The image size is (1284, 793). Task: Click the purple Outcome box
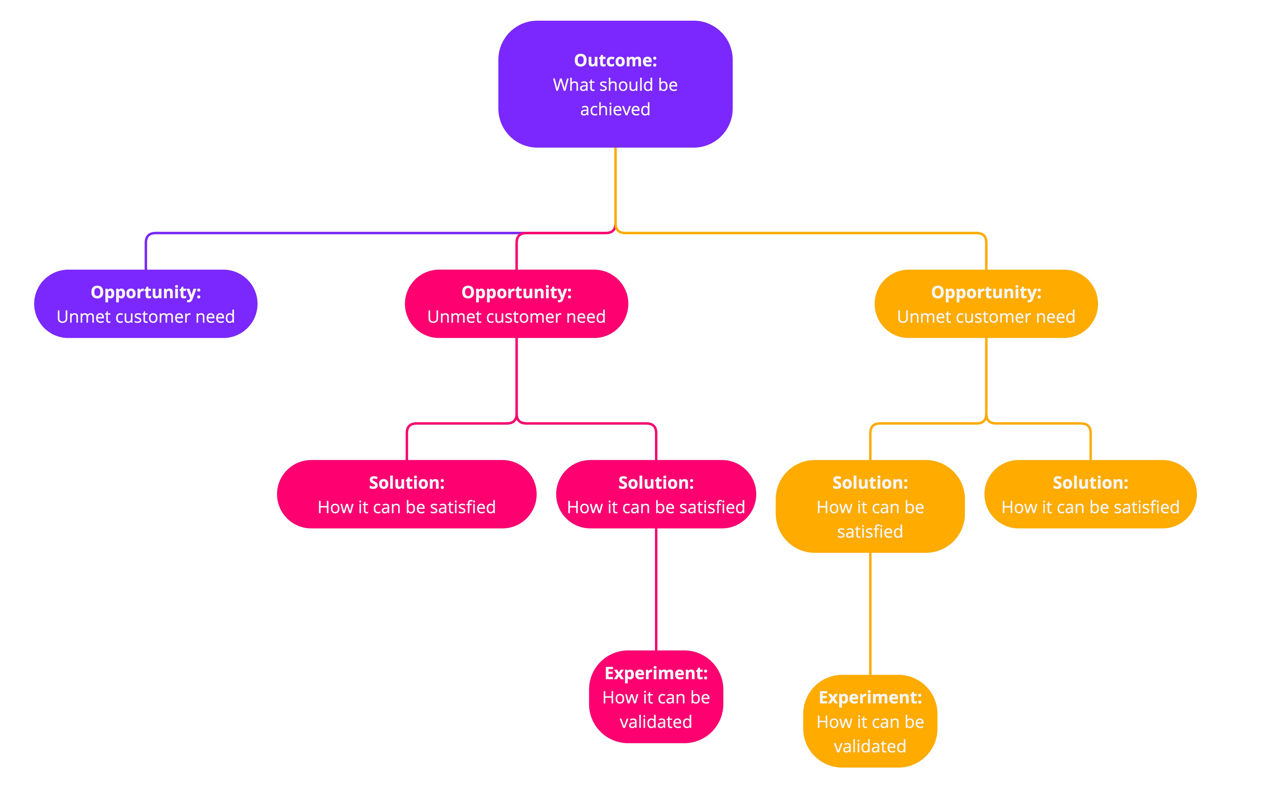(615, 84)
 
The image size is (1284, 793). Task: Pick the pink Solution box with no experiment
(406, 494)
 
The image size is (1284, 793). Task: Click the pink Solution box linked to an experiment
(656, 494)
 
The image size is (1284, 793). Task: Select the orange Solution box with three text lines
(870, 506)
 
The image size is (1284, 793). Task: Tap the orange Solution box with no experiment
(1090, 494)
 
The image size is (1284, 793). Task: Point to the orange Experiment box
(870, 721)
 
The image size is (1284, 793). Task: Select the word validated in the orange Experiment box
(870, 746)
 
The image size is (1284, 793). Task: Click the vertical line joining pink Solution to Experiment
(656, 589)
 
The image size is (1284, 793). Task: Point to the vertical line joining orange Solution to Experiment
(870, 614)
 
